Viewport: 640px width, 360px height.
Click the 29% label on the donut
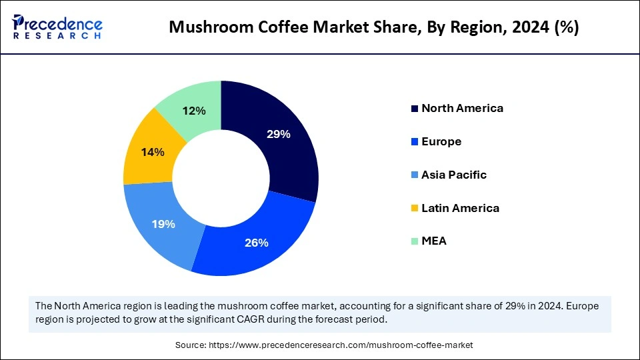pyautogui.click(x=278, y=134)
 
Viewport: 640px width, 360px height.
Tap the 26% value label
pyautogui.click(x=256, y=243)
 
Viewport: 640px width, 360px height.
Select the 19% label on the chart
pyautogui.click(x=163, y=224)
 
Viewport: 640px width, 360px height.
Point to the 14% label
pyautogui.click(x=153, y=152)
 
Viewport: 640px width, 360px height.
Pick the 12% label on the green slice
pyautogui.click(x=194, y=111)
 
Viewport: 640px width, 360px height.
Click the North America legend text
pyautogui.click(x=462, y=108)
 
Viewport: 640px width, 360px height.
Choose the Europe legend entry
pyautogui.click(x=441, y=141)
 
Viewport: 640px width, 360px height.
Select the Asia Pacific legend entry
pyautogui.click(x=454, y=175)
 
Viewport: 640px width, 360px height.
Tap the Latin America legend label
pyautogui.click(x=460, y=208)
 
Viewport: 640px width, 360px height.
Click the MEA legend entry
pyautogui.click(x=434, y=241)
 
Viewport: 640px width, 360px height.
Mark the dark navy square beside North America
pyautogui.click(x=415, y=109)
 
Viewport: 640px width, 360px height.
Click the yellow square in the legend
pyautogui.click(x=415, y=209)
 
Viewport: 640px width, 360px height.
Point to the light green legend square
pyautogui.click(x=415, y=241)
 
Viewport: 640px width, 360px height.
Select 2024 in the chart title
pyautogui.click(x=524, y=27)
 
